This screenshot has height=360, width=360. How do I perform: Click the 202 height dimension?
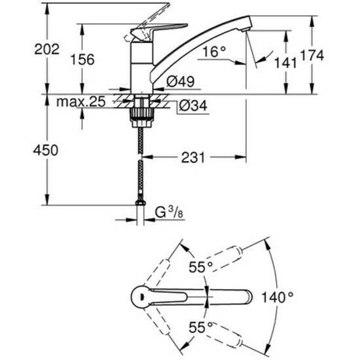pyautogui.click(x=47, y=49)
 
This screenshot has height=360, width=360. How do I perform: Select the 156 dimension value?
pyautogui.click(x=82, y=60)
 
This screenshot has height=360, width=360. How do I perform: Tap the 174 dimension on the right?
pyautogui.click(x=312, y=55)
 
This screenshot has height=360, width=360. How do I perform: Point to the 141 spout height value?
pyautogui.click(x=285, y=63)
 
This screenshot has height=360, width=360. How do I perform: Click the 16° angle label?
pyautogui.click(x=214, y=52)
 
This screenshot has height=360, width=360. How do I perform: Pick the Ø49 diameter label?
pyautogui.click(x=181, y=81)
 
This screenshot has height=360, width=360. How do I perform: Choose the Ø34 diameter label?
pyautogui.click(x=193, y=105)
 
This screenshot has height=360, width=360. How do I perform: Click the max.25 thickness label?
pyautogui.click(x=81, y=101)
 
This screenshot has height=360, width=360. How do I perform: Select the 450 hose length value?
pyautogui.click(x=46, y=151)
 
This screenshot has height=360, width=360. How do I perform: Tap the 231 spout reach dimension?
pyautogui.click(x=193, y=158)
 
